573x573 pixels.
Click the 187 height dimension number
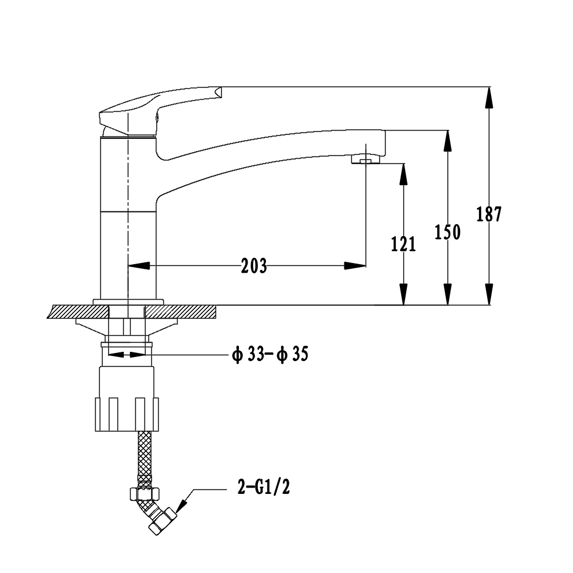coord(489,214)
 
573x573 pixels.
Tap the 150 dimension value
coord(448,232)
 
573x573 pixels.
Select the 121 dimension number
coord(403,244)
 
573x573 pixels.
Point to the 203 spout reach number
coord(254,266)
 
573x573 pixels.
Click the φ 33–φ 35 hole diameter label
coord(270,354)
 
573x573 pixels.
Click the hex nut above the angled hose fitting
coord(145,494)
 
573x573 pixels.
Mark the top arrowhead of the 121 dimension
coord(403,174)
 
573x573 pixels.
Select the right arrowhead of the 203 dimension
coord(355,266)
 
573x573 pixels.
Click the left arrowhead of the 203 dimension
coord(139,266)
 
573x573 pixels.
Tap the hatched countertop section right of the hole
coord(181,312)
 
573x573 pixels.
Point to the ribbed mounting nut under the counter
coord(127,414)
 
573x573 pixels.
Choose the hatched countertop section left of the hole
coord(78,312)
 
